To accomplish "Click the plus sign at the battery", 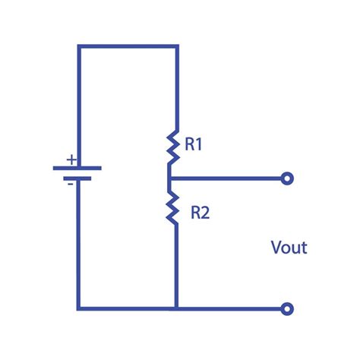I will click(71, 159).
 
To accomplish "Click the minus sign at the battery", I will click(71, 183).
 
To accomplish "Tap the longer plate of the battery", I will click(77, 167).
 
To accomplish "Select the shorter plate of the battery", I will click(77, 178).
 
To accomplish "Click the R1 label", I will click(193, 144).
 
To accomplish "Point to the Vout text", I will click(289, 248).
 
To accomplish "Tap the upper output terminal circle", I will click(286, 179).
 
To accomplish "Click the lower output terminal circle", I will click(286, 308).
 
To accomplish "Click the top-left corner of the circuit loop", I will click(78, 46).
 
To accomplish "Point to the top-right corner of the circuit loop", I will click(176, 46).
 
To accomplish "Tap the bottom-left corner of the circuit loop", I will click(78, 308).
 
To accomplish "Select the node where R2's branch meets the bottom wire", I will click(176, 308).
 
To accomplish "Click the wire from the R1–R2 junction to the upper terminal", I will click(228, 179).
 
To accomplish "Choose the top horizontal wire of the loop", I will click(127, 46).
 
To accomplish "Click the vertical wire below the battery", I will click(78, 243).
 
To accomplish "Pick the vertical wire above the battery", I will click(78, 106).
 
